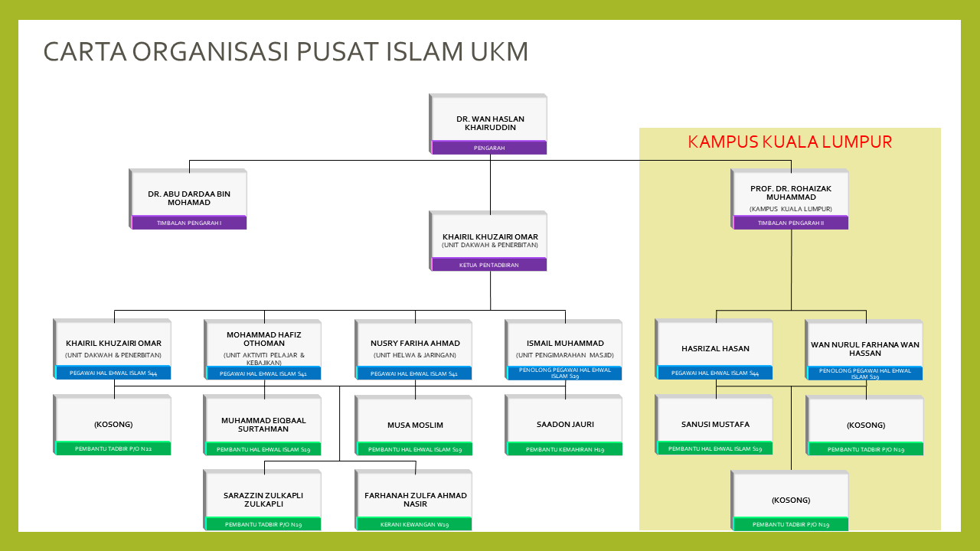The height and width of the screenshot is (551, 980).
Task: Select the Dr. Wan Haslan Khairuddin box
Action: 489,122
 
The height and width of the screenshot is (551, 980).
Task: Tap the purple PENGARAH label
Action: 489,148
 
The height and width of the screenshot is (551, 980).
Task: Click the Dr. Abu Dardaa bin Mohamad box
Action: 189,197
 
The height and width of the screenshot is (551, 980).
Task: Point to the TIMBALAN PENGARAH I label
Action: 189,223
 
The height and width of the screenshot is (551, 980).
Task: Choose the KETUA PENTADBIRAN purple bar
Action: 489,265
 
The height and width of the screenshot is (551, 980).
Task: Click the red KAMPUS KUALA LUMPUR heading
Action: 789,142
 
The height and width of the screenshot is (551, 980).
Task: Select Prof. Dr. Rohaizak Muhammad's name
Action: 791,192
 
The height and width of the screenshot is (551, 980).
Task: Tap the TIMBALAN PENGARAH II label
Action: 791,223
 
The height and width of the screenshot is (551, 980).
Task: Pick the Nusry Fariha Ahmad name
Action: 415,343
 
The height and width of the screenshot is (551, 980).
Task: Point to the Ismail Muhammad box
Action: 565,343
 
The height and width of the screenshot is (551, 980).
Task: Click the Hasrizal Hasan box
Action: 715,348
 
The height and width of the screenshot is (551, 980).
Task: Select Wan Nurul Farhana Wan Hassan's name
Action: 865,349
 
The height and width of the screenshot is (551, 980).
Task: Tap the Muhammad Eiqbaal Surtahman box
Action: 264,425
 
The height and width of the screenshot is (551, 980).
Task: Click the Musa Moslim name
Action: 415,425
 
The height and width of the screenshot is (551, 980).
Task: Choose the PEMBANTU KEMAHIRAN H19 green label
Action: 565,449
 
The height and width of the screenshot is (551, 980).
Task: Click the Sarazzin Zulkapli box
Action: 263,499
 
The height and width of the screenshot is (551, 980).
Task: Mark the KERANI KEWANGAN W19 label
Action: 415,524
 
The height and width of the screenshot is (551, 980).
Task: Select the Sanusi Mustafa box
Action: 715,424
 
